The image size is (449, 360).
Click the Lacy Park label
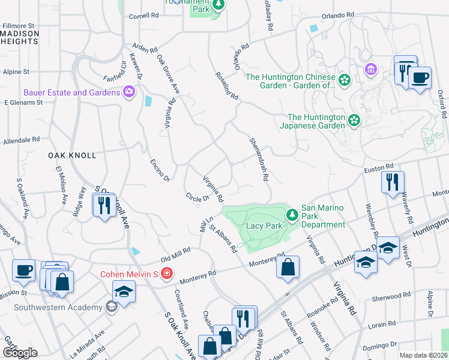click(x=264, y=226)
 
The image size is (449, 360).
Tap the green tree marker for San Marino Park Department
click(x=292, y=214)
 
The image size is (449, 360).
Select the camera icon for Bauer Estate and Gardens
click(x=128, y=92)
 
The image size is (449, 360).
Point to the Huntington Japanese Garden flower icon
click(x=354, y=121)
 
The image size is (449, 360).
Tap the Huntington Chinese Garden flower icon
click(x=345, y=80)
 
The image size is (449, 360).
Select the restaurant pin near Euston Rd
click(x=393, y=181)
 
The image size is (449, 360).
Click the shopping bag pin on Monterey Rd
click(x=288, y=266)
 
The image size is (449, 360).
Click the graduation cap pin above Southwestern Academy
click(x=124, y=291)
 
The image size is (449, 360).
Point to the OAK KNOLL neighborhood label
click(x=72, y=155)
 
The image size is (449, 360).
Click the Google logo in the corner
click(x=20, y=352)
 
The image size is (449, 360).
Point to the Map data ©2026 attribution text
click(x=423, y=355)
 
